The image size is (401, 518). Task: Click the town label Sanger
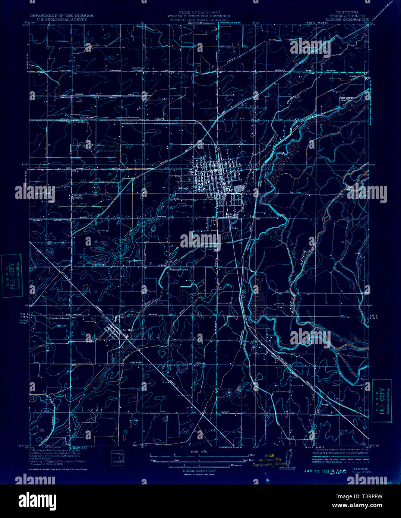click(x=184, y=188)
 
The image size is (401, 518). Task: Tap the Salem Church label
click(x=78, y=196)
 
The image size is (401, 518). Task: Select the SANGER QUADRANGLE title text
click(x=347, y=19)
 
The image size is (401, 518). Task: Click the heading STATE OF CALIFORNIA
click(x=199, y=12)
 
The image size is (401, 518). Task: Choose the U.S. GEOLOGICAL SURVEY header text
click(x=62, y=19)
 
